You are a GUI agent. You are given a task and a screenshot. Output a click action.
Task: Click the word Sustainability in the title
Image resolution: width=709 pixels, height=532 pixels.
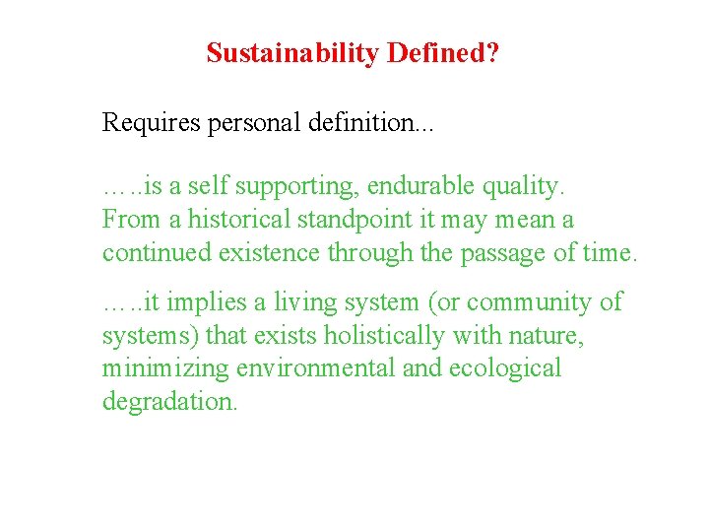click(293, 53)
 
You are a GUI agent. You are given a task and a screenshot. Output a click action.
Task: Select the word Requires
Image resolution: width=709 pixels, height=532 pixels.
click(148, 124)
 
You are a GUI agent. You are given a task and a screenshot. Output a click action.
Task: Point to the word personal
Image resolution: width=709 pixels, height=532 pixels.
click(254, 124)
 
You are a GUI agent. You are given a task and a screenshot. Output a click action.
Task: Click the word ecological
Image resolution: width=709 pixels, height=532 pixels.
click(502, 369)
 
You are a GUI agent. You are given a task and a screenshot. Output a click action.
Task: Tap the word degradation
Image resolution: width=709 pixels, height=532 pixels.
click(169, 402)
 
